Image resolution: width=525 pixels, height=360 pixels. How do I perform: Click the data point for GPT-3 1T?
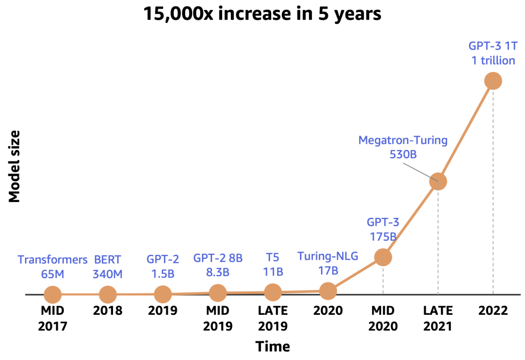pos(493,81)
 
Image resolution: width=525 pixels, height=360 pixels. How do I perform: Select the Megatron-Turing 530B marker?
pos(438,181)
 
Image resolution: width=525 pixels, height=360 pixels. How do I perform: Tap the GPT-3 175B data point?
pos(383,257)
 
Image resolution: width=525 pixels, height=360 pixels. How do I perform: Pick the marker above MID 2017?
pos(53,294)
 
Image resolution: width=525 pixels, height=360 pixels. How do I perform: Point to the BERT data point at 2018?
pos(108,294)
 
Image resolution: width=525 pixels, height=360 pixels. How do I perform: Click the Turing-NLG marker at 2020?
pos(328,291)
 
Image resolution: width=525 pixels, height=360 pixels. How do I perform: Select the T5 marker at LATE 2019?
pos(273,292)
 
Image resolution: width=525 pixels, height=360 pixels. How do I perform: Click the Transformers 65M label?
pos(53,267)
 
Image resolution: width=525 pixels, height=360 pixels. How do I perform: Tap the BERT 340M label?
pos(108,267)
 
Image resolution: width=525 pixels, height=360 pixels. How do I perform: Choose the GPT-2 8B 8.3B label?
pos(218,265)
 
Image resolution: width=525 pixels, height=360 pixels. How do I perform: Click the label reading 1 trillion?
pos(493,60)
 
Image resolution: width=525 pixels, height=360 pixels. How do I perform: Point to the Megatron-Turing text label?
pos(403,140)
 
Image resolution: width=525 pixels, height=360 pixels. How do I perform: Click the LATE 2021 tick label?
pos(438,318)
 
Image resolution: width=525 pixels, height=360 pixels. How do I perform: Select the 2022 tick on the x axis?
pos(493,310)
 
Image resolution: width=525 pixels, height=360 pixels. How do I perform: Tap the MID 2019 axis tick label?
pos(218,318)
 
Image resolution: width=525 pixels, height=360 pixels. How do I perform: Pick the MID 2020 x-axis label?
pos(383,318)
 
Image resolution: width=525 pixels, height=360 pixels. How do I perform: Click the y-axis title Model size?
pos(15,166)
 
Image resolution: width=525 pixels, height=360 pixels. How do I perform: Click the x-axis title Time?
pos(273,346)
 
